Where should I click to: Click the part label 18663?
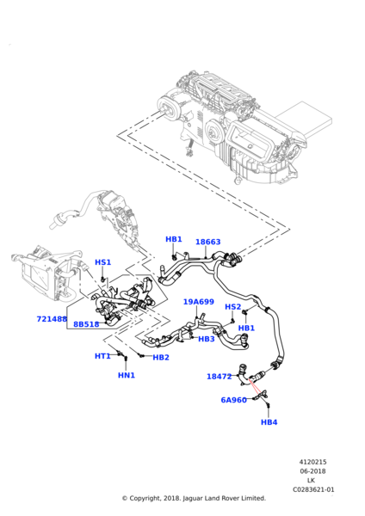[x=207, y=243]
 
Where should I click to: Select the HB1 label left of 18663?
[x=174, y=239]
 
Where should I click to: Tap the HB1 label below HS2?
[x=246, y=328]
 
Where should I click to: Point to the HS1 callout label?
[x=102, y=262]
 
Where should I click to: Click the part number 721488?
[x=52, y=319]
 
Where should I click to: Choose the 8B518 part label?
[x=86, y=324]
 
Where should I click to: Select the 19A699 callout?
[x=198, y=302]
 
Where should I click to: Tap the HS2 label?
[x=232, y=307]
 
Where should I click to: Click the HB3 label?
[x=207, y=339]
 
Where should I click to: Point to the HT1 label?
[x=102, y=356]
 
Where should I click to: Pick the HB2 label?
[x=161, y=358]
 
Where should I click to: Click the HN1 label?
[x=127, y=375]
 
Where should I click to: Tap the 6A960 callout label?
[x=233, y=400]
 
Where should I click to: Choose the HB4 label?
[x=269, y=422]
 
